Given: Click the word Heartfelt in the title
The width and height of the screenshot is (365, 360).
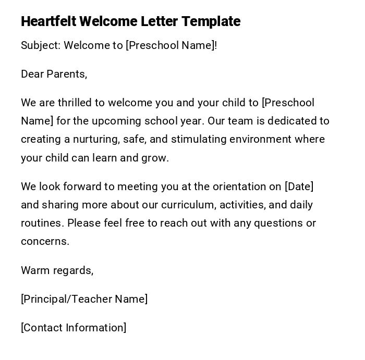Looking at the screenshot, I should pos(48,21).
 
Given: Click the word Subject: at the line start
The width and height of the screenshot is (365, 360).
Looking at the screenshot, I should pos(41,45).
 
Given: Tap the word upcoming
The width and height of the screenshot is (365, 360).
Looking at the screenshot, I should pos(116,121).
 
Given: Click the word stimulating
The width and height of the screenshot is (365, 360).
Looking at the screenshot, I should pos(199,139).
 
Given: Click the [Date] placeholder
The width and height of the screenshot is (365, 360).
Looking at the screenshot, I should pos(299,187).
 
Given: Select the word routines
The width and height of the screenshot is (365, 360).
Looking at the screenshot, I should pos(42,223).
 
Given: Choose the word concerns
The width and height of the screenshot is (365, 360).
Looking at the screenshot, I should pos(45,241).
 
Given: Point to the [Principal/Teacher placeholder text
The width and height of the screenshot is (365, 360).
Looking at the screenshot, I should pos(66,299).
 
